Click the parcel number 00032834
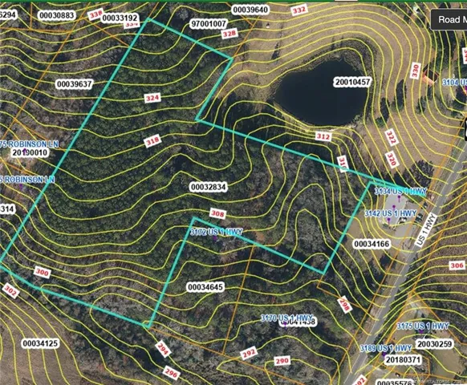point(209,186)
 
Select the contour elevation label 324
point(152,97)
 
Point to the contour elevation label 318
point(152,142)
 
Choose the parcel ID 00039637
point(75,83)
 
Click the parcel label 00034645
point(205,286)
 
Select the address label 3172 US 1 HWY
point(216,232)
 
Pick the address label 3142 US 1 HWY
point(390,213)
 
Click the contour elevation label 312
point(323,137)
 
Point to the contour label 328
point(229,34)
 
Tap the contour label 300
point(43,274)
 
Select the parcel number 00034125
point(40,343)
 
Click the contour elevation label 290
point(282,362)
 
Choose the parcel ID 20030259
point(435,344)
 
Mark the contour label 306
point(455,265)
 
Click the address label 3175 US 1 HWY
point(424,326)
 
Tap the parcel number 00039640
point(251,10)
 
